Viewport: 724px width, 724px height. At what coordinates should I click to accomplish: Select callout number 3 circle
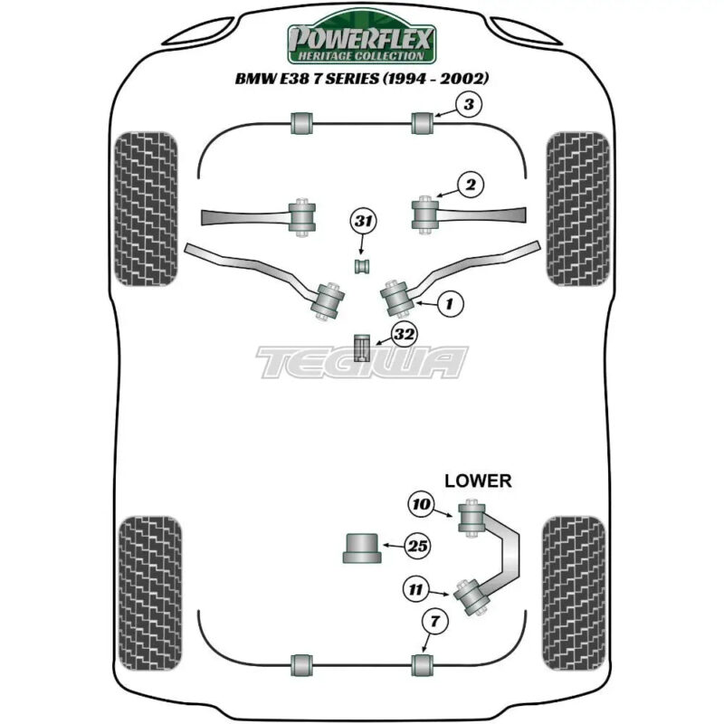click(467, 106)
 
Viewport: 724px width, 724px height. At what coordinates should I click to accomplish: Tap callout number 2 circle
click(469, 186)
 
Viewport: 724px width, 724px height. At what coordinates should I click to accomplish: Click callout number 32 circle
click(405, 334)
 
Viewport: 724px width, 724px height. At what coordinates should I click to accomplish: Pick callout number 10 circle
click(424, 505)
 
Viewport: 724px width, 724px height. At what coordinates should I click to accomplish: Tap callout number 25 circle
click(418, 546)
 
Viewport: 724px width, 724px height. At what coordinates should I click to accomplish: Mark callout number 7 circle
click(437, 621)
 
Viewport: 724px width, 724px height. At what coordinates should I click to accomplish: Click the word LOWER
click(477, 481)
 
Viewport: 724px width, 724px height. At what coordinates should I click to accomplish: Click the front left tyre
click(146, 209)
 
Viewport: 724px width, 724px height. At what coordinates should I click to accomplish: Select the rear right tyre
click(573, 589)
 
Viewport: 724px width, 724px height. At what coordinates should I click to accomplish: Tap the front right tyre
click(577, 209)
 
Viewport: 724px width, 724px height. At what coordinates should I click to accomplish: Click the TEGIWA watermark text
click(362, 362)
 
